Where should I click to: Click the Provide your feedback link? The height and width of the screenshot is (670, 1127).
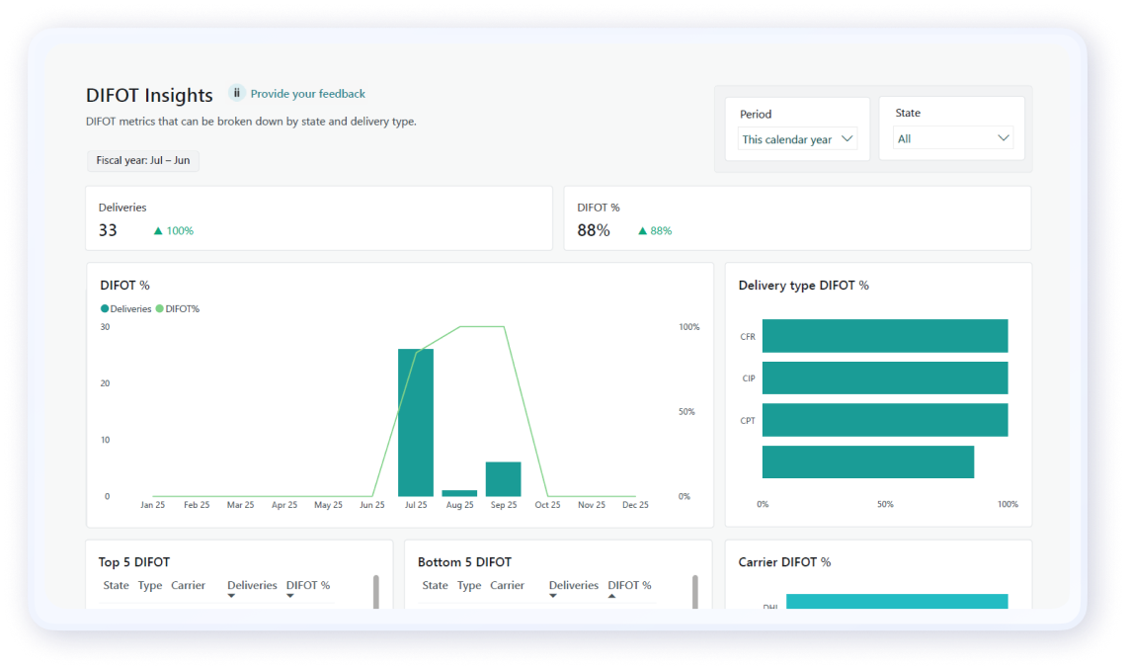pos(307,94)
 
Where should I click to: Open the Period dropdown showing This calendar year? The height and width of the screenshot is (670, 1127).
pos(797,139)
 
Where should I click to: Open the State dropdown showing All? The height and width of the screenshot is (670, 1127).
pos(952,138)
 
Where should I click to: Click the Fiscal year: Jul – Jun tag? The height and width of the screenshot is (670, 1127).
pos(143,160)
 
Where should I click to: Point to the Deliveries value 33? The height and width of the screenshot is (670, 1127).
pos(108,230)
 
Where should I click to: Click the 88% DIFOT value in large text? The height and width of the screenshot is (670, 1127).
pos(594,230)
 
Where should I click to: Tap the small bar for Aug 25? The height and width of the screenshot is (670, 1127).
pos(459,492)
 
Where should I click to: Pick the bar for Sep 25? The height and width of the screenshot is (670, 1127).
pos(503,478)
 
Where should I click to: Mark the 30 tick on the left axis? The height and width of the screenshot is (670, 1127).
pos(105,327)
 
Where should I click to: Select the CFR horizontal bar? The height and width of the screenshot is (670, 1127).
pos(884,336)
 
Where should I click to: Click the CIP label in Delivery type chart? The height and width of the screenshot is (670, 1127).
pos(749,378)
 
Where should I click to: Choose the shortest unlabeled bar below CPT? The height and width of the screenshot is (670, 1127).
pos(867,462)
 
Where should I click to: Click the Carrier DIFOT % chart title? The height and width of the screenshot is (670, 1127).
pos(784,562)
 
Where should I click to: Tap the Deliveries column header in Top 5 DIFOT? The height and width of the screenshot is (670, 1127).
pos(252,585)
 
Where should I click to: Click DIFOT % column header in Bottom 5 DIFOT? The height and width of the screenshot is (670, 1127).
pos(629,585)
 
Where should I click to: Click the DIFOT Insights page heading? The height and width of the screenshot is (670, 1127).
pos(149,96)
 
